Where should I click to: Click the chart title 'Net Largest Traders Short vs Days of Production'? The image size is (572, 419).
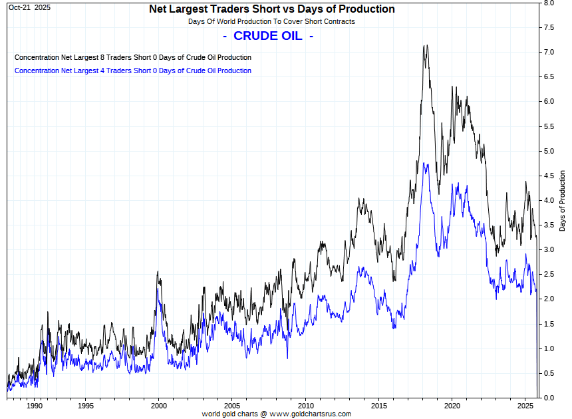click(271, 9)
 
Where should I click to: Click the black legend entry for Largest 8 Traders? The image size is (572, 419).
click(133, 57)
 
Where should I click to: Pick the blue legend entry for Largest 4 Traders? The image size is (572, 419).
click(133, 70)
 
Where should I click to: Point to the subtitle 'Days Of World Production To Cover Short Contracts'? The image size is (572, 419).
click(271, 21)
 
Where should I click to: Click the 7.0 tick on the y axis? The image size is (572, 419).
click(550, 52)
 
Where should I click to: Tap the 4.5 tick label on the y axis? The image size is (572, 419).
click(550, 176)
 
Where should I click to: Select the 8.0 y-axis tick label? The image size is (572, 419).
click(550, 3)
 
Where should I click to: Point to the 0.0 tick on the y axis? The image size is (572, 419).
click(550, 398)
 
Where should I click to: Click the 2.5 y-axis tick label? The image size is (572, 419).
click(550, 274)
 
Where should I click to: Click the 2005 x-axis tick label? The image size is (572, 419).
click(231, 405)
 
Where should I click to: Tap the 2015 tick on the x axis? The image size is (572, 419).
click(378, 405)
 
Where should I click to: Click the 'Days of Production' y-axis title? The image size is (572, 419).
click(563, 200)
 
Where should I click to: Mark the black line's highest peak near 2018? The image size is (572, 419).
click(425, 46)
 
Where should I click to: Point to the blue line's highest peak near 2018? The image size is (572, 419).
click(424, 163)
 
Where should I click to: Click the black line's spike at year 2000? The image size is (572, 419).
click(157, 271)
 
